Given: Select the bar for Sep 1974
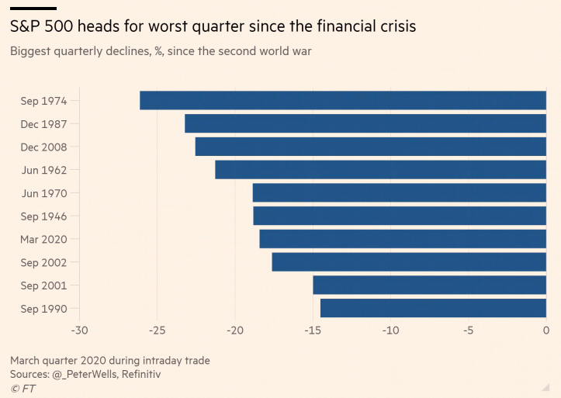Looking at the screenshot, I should pos(343,100).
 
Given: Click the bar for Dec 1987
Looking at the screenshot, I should pos(365,123).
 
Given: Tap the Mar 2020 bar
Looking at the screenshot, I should pos(403,239).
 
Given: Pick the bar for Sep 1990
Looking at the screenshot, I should pos(433,309).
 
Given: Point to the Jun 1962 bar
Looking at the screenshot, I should pos(380,170).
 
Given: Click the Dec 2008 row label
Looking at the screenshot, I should pos(43,147).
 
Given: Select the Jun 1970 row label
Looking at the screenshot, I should pos(43,193).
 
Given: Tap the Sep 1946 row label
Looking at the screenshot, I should pos(43,216).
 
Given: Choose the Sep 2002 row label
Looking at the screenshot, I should pos(43,262).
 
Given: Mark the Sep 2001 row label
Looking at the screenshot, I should pos(43,286).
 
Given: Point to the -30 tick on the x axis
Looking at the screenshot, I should pos(79,331).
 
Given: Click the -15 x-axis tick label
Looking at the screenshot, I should pos(312,331).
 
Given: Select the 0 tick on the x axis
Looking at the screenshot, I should pos(546,331).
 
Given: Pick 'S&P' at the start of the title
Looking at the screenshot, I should pos(26,26).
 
